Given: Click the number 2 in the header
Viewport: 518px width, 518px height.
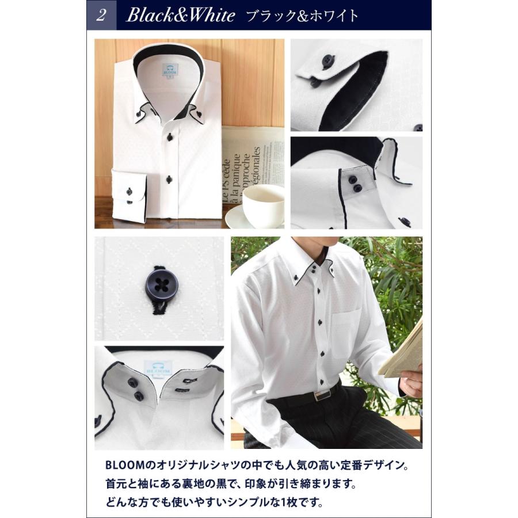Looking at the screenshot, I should coord(101,15).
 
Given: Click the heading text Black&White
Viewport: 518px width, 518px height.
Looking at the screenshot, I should coord(180,16).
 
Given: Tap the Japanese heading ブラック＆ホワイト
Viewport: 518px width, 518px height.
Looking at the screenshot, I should coord(302,16).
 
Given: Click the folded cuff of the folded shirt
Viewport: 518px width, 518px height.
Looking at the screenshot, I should coord(128,196).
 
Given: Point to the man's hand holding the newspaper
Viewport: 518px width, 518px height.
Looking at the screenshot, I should coord(412,382).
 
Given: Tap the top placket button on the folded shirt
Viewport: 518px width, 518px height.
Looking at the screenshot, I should coord(170,137).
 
